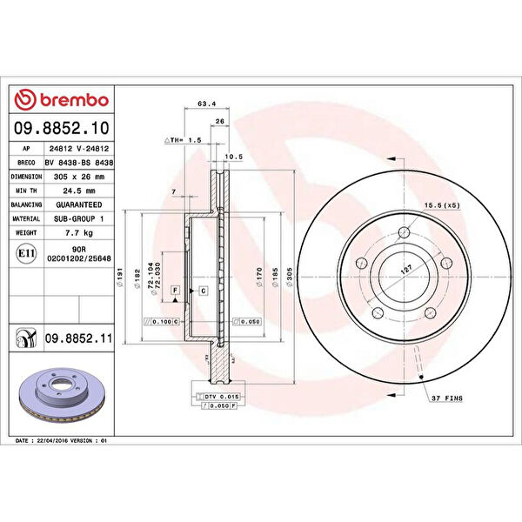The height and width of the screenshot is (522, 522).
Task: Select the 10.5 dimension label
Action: click(x=233, y=157)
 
